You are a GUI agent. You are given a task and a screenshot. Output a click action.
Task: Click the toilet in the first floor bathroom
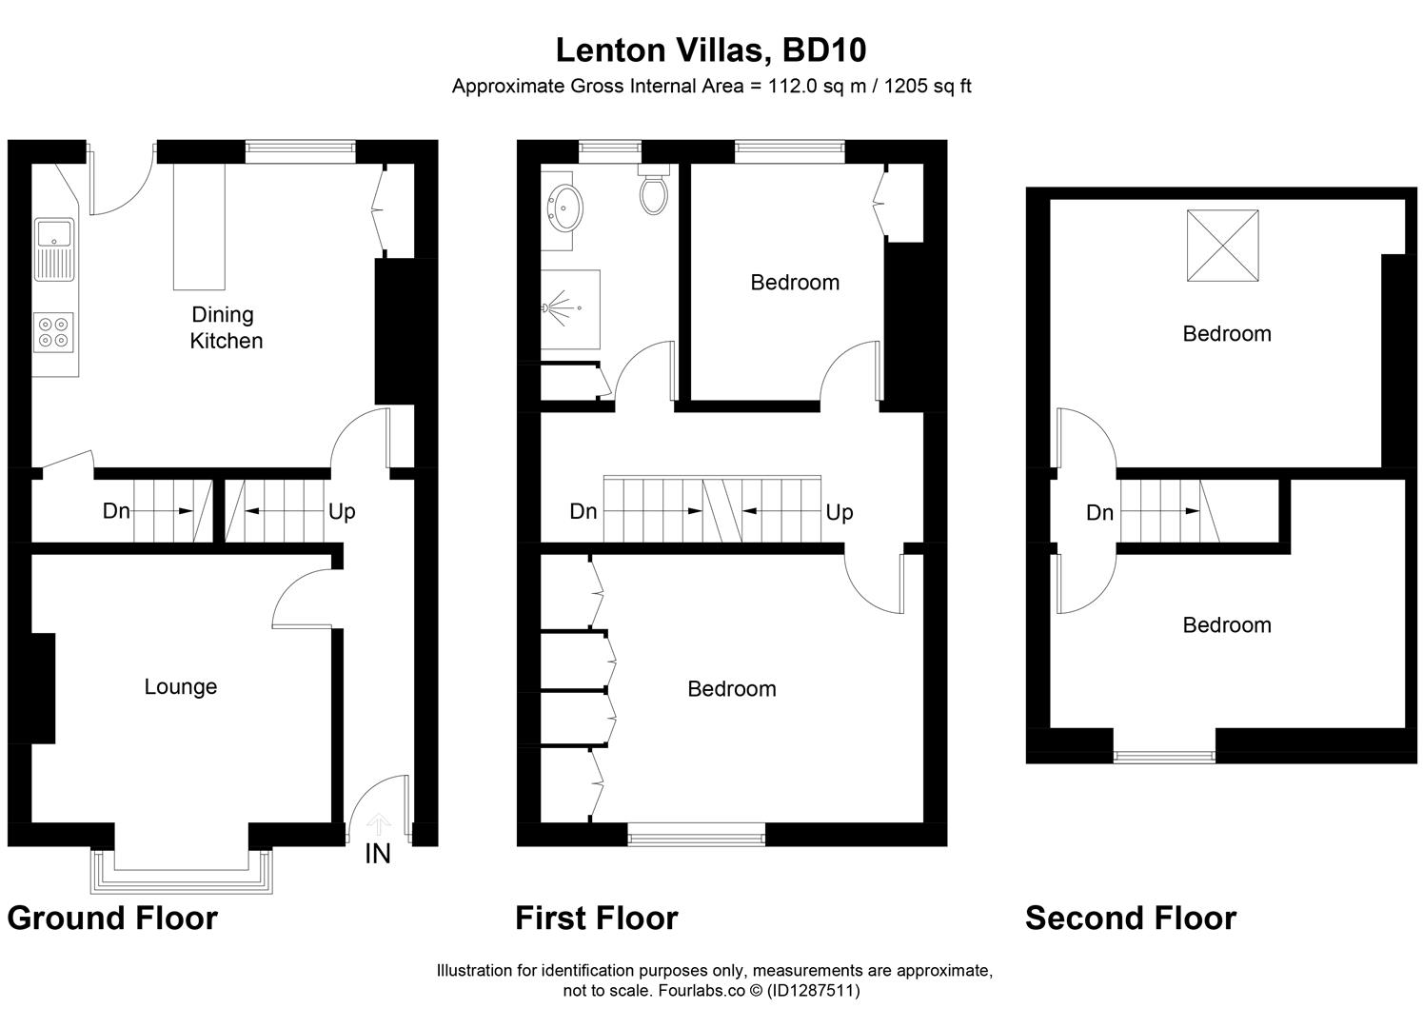[x=654, y=190]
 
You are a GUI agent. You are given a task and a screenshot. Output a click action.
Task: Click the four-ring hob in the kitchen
[x=54, y=331]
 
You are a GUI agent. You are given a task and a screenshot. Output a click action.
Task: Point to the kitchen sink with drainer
[x=54, y=249]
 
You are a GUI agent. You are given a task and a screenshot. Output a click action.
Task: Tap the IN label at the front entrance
[x=378, y=854]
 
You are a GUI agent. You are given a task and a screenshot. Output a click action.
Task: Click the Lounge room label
[x=181, y=686]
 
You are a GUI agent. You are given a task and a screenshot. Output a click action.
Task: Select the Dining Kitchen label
[x=225, y=327]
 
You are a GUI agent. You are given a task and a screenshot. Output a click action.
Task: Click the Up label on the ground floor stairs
[x=342, y=511]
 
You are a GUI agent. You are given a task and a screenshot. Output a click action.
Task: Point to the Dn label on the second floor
[x=1099, y=512]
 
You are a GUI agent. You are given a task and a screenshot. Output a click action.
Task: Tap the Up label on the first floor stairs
[x=839, y=512]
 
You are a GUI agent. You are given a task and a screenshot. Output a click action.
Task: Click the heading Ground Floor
[x=112, y=918]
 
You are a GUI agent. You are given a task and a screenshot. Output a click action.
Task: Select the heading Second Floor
[x=1130, y=918]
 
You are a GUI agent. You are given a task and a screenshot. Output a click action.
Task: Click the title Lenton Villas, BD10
[x=710, y=49]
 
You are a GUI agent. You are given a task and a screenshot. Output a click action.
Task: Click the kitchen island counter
[x=199, y=227]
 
